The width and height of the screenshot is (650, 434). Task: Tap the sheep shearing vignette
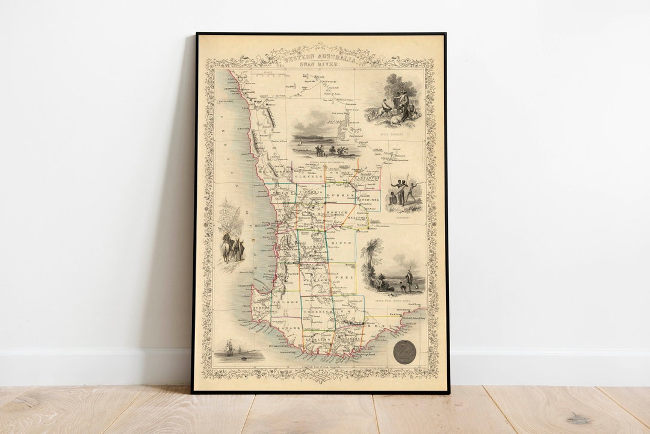(x=395, y=106)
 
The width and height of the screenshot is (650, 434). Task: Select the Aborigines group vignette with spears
(x=404, y=192)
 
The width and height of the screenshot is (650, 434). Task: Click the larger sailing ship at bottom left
(x=228, y=349)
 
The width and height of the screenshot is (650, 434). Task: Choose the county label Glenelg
(x=308, y=178)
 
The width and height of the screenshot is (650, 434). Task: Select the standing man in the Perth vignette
(x=409, y=279)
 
